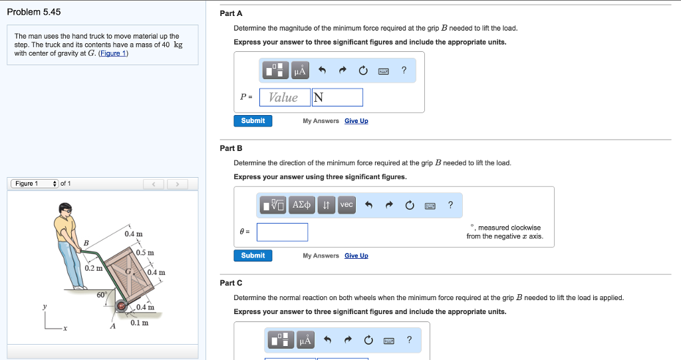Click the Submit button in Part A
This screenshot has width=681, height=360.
click(253, 121)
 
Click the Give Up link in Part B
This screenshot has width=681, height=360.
click(356, 256)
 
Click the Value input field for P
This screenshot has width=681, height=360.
click(285, 97)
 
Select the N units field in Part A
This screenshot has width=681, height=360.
click(337, 97)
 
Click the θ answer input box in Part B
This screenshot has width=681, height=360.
click(282, 232)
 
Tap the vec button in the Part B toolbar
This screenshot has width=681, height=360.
click(346, 205)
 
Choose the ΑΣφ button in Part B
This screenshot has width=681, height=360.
click(301, 205)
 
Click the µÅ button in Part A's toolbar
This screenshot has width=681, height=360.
click(300, 71)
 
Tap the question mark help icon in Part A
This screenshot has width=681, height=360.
click(404, 70)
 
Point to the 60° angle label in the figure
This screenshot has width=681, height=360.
click(102, 295)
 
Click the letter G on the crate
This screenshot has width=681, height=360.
click(128, 271)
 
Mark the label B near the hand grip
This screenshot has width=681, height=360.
click(86, 243)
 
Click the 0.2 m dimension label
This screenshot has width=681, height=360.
click(93, 268)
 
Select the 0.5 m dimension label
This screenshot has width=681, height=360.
click(145, 253)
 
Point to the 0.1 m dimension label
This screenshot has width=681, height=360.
click(140, 323)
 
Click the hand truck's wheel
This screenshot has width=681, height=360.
click(121, 307)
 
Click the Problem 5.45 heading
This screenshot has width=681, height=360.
click(34, 12)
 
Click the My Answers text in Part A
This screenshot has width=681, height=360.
click(321, 121)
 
